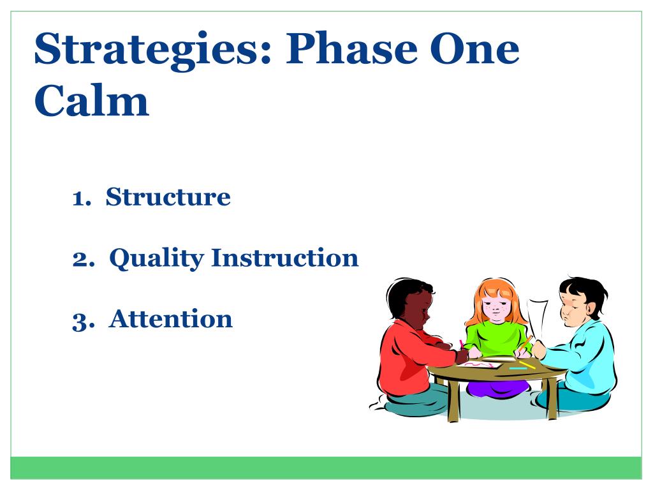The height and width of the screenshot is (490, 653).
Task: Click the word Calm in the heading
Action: (92, 100)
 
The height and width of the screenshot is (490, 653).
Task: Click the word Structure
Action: (168, 197)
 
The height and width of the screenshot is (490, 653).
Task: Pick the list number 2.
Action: (84, 259)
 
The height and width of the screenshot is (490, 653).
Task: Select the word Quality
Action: (156, 258)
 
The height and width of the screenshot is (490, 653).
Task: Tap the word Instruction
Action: (285, 258)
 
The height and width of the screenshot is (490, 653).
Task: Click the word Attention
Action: (170, 319)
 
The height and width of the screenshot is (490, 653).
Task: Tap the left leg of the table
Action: (453, 401)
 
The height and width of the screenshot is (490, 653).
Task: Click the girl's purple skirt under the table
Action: (498, 389)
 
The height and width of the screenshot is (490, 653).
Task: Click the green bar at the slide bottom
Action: (326, 468)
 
